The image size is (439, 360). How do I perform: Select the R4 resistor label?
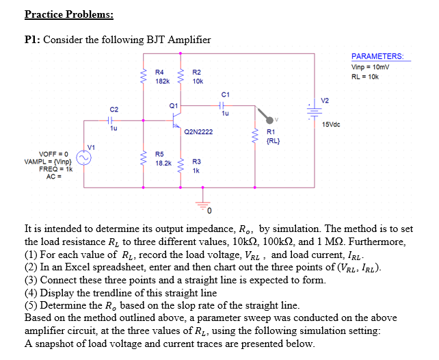159,72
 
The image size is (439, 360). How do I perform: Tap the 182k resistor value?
162,81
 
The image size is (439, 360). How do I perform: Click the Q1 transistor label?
173,105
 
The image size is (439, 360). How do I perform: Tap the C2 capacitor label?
114,110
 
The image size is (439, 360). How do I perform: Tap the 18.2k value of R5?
163,164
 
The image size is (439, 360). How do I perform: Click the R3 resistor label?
196,162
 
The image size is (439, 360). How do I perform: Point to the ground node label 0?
210,208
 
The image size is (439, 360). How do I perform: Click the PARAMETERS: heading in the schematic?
377,56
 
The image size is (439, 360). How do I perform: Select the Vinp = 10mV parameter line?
371,66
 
